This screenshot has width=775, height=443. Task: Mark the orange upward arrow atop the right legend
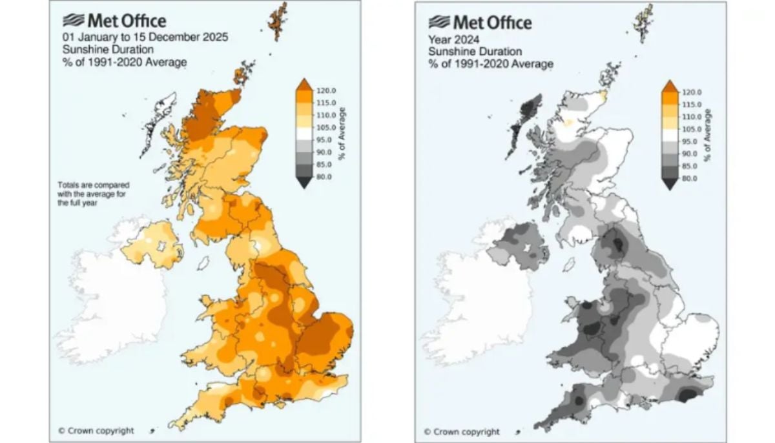point(670,87)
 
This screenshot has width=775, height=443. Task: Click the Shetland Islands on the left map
point(278,19)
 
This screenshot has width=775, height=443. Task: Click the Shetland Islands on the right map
point(645,21)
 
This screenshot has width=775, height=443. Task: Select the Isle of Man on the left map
point(203,263)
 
